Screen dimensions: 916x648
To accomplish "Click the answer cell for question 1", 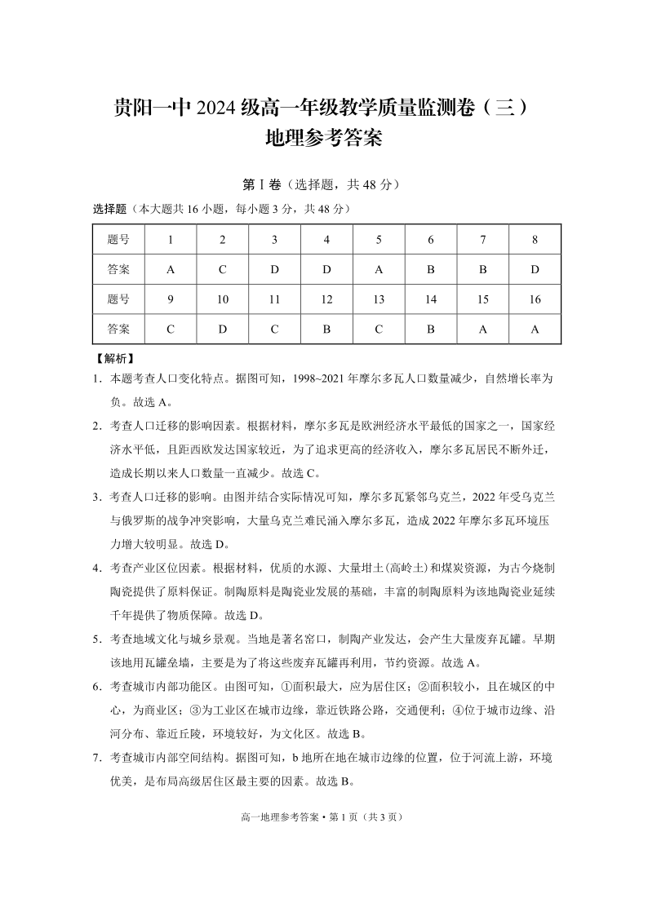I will click(171, 269).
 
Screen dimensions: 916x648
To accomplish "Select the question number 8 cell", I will click(535, 240).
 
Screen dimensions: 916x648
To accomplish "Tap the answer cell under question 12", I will click(326, 330).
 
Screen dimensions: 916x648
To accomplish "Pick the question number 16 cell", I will click(535, 299).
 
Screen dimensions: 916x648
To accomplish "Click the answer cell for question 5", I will click(379, 269).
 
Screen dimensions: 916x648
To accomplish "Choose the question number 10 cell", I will click(223, 299).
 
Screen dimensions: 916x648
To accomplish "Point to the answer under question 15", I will click(483, 330).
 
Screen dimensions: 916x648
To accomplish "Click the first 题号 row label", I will click(118, 240).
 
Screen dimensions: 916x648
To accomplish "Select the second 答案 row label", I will click(118, 330).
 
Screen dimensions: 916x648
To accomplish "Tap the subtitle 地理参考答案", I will click(324, 139).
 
